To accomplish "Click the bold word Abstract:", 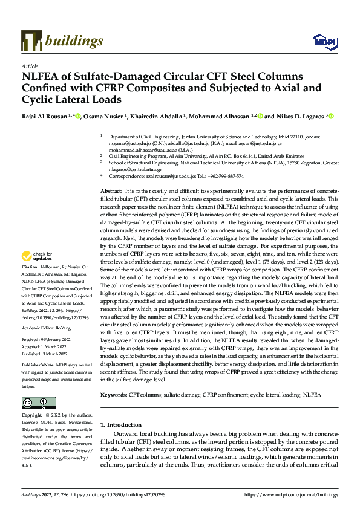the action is [112, 190].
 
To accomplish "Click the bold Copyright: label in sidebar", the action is [32, 416].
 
